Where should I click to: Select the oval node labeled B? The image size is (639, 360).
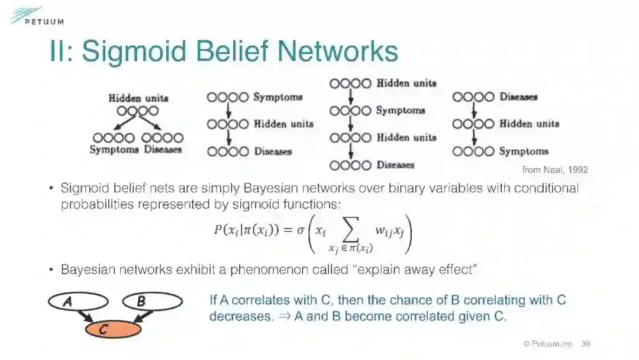pos(153,302)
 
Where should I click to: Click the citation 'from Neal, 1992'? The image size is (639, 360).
pos(555,170)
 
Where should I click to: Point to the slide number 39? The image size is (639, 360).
pos(586,343)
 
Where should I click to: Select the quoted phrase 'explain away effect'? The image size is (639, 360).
pos(409,270)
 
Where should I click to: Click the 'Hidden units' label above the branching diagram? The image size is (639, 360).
pos(138,98)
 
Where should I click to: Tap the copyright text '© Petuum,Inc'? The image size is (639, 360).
pos(548,343)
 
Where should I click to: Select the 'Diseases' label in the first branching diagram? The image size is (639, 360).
pos(163,150)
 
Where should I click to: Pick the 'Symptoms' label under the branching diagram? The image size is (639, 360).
pos(114,150)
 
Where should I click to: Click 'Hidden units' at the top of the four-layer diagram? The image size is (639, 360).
pos(406,83)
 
